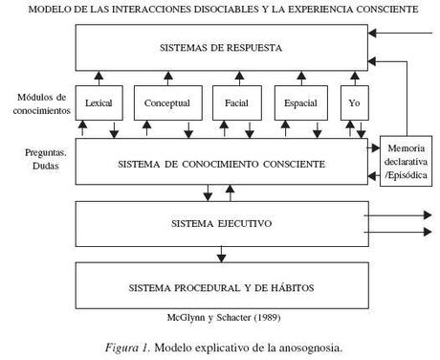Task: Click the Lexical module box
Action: pyautogui.click(x=99, y=102)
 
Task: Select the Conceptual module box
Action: pyautogui.click(x=167, y=102)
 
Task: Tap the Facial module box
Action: pyautogui.click(x=236, y=102)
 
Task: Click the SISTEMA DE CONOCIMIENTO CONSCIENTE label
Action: pyautogui.click(x=221, y=164)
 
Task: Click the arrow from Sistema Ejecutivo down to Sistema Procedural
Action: pyautogui.click(x=221, y=254)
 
